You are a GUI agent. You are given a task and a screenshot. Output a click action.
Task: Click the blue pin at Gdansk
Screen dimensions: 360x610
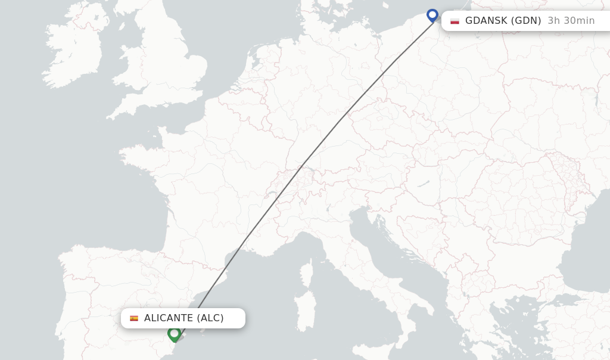coord(432,15)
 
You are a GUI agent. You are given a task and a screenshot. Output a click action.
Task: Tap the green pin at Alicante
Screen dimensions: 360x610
coord(174,333)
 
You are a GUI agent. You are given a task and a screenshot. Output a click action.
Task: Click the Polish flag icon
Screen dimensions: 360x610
coord(455,21)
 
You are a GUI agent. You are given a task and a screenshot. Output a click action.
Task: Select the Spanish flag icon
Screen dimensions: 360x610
coord(134,318)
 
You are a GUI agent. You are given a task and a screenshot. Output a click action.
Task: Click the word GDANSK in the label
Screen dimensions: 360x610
coord(486,21)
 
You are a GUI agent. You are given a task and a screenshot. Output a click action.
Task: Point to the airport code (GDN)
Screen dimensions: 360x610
coord(526,21)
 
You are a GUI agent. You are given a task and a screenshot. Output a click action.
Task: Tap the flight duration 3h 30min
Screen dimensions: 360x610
coord(571,21)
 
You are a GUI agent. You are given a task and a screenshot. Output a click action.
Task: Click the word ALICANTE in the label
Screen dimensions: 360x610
coord(169,318)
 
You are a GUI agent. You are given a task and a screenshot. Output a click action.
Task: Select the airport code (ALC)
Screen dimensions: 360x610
coord(210,318)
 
